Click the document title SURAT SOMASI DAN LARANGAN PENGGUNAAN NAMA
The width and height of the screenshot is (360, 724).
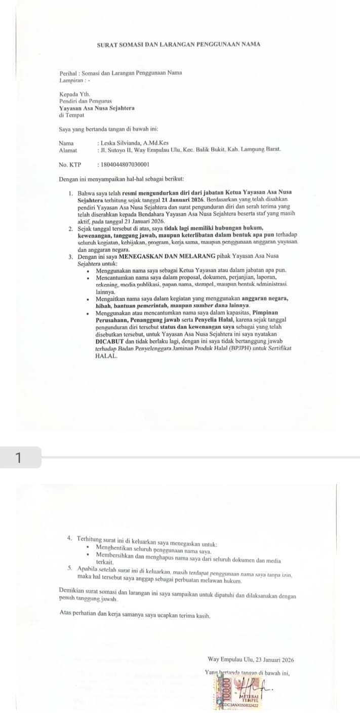(x=178, y=45)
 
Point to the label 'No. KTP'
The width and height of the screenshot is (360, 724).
(x=69, y=165)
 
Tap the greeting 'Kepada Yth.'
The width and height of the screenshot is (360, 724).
(x=74, y=95)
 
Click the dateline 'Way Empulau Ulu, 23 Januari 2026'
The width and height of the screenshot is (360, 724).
(x=251, y=660)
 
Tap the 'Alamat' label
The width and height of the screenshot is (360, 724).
(x=68, y=150)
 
